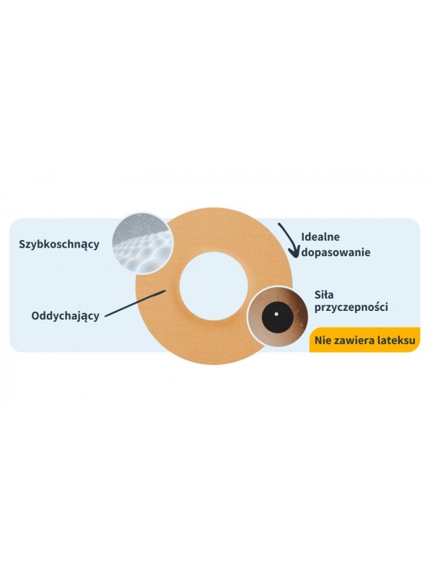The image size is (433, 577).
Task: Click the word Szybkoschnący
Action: pos(59,245)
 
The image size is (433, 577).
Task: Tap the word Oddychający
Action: pos(65,316)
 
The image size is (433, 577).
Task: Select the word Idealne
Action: pos(320,237)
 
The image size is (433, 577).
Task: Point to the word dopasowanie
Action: pos(336,253)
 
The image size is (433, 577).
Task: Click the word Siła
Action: pos(324,295)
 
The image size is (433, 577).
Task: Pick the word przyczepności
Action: pos(351,307)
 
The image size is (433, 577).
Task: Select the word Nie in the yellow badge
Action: pos(323,340)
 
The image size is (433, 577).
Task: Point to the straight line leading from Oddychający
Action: pos(135,303)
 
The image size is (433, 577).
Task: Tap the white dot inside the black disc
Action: pos(276,314)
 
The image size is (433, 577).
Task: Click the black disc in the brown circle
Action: pos(277,315)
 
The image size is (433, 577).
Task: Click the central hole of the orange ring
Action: pos(213,286)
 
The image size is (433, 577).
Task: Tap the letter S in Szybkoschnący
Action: pos(22,244)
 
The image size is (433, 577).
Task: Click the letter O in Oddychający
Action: pos(35,315)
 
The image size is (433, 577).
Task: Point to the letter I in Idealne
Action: pos(302,237)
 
